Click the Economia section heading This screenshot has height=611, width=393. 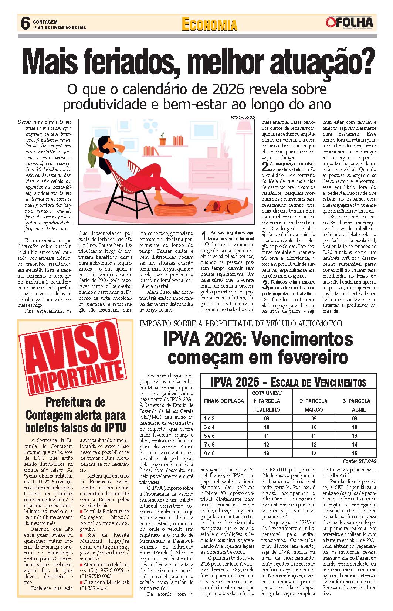(x=209, y=24)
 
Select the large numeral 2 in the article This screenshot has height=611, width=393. (x=265, y=166)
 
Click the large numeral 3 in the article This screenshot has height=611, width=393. (x=265, y=285)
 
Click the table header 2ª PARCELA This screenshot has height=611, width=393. (x=314, y=401)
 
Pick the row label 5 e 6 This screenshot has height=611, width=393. (x=209, y=436)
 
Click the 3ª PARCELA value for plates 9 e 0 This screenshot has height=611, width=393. (x=355, y=453)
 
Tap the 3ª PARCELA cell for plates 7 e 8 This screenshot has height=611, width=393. (x=355, y=445)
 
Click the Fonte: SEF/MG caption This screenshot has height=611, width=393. (x=359, y=461)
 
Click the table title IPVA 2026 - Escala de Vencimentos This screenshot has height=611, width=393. (x=288, y=382)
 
